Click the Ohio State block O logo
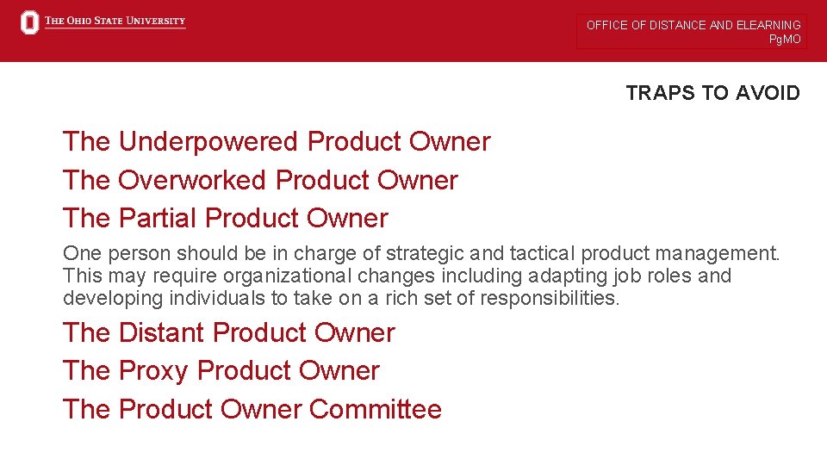30,22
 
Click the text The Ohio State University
115,22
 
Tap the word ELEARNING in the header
768,25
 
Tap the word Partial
159,218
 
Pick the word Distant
161,332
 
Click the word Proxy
153,370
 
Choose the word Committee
375,409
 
